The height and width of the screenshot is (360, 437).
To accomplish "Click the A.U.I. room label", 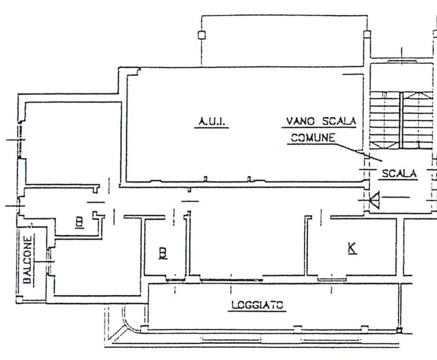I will tap(211, 121).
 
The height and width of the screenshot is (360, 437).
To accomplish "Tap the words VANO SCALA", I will tap(320, 121).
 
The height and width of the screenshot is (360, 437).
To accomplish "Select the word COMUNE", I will tap(313, 138).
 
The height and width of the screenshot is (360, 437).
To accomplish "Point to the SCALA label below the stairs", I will tap(399, 174).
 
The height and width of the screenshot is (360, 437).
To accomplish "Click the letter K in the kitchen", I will tap(352, 248).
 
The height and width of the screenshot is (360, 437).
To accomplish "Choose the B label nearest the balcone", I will tap(79, 222).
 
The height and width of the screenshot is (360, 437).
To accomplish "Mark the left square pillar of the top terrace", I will tap(201, 35).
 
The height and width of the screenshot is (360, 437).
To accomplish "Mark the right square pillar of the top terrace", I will tap(368, 35).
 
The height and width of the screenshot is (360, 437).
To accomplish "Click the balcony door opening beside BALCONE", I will tap(49, 261).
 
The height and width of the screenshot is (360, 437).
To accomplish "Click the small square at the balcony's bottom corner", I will tap(19, 299).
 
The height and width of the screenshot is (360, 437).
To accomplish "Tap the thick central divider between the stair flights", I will tap(402, 120).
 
